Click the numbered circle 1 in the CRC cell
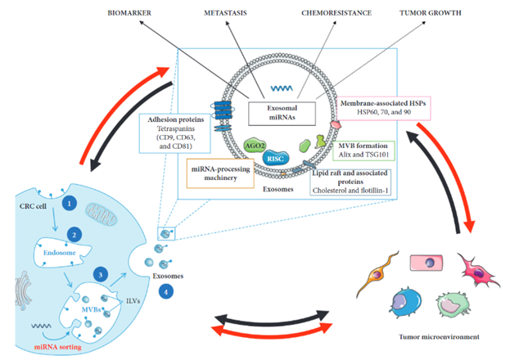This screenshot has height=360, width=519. click(70, 201)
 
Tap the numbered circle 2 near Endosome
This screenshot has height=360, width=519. click(75, 235)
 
